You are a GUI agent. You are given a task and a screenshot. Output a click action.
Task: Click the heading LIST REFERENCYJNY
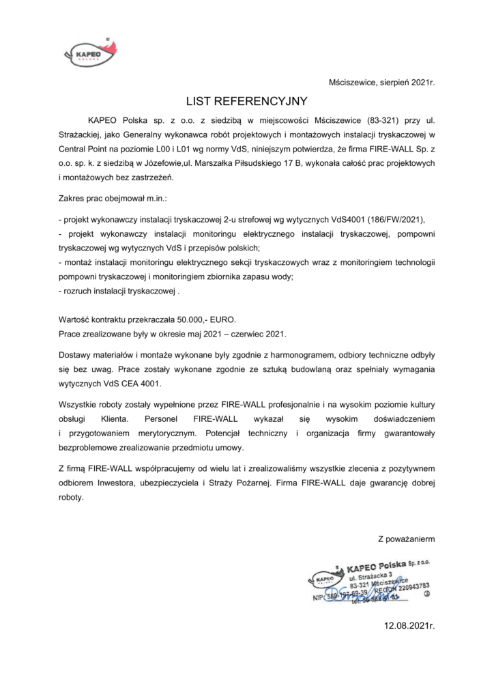click(x=247, y=100)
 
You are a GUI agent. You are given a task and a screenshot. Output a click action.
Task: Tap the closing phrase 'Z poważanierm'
click(x=406, y=539)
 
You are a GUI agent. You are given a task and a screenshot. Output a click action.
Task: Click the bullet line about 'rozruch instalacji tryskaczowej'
click(x=119, y=291)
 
